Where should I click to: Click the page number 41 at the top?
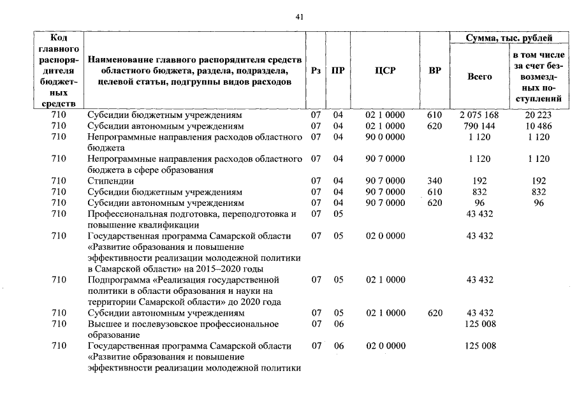[x=300, y=17]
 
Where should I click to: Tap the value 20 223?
[x=540, y=116]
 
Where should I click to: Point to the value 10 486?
[x=540, y=126]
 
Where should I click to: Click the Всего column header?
[x=480, y=76]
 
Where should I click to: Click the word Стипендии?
[x=107, y=181]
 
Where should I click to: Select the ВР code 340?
[x=435, y=181]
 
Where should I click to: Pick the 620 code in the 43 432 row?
[x=435, y=313]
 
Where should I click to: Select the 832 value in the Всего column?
[x=480, y=191]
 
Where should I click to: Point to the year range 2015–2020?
[x=220, y=268]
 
